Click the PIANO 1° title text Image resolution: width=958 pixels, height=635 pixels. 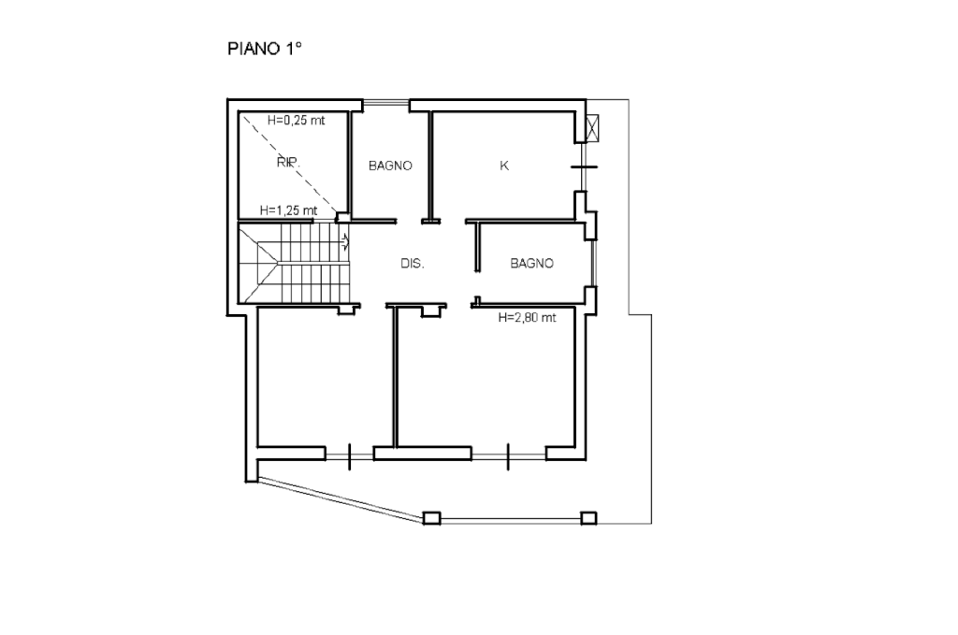tap(265, 49)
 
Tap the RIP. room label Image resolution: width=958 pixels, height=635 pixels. tap(288, 163)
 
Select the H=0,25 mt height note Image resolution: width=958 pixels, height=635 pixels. tap(297, 121)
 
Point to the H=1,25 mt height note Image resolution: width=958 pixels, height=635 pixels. tap(288, 210)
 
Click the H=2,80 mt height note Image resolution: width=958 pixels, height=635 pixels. tap(528, 318)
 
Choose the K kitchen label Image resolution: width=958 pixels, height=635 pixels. tap(504, 166)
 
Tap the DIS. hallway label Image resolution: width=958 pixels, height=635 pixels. tap(413, 264)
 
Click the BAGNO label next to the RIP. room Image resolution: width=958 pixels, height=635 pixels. tap(390, 166)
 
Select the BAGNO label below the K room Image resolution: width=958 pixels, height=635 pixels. tap(531, 263)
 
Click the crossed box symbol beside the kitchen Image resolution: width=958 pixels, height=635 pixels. tap(592, 127)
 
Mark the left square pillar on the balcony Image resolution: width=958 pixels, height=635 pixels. tap(431, 518)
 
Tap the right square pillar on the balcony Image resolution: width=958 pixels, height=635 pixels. tap(588, 518)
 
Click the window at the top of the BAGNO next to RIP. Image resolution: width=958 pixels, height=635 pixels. tap(386, 105)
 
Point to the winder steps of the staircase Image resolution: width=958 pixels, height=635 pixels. tap(259, 263)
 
